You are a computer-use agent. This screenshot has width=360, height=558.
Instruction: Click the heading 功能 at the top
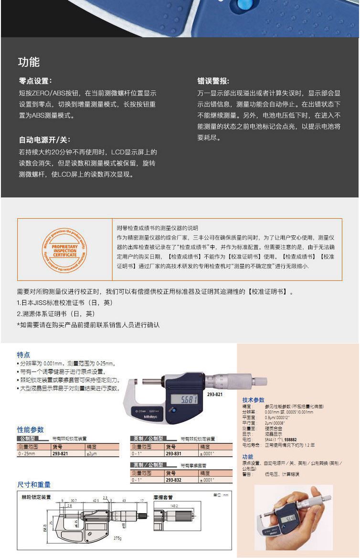pyautogui.click(x=29, y=62)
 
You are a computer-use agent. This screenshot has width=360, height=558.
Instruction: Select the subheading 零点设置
pyautogui.click(x=35, y=81)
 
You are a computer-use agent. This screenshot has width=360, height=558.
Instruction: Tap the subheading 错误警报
pyautogui.click(x=213, y=81)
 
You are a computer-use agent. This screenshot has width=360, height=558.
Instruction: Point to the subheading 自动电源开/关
pyautogui.click(x=44, y=140)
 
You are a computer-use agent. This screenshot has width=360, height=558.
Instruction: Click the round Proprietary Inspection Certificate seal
pyautogui.click(x=64, y=250)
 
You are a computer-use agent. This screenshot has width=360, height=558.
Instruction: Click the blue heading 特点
pyautogui.click(x=23, y=355)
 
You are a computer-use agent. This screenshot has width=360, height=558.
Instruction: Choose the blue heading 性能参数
pyautogui.click(x=31, y=429)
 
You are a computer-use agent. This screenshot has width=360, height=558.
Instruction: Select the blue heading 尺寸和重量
pyautogui.click(x=34, y=484)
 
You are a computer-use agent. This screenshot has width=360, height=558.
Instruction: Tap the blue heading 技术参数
pyautogui.click(x=253, y=400)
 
